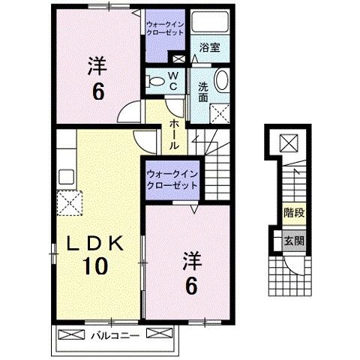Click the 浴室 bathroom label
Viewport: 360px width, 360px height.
coord(208,47)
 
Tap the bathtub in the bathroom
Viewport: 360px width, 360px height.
coord(210,22)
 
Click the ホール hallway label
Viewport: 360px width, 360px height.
coord(173,135)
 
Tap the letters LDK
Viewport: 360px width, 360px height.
coord(93,242)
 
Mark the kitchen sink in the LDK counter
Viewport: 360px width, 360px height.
coord(64,178)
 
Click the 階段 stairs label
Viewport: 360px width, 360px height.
coord(293,213)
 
